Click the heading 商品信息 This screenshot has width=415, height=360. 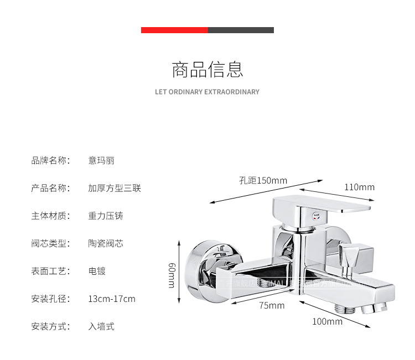point(207,70)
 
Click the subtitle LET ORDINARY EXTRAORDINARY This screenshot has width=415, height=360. point(207,92)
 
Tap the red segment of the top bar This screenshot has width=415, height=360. point(174,30)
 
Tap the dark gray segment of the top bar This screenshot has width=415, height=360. point(241,30)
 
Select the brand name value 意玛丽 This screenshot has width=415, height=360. point(101,161)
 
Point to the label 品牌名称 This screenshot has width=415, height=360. point(50,161)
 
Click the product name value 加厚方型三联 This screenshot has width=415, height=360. point(115,189)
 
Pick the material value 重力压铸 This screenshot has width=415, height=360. point(106,216)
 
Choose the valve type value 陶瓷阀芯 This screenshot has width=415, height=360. point(106,243)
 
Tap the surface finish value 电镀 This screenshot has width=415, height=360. point(97,271)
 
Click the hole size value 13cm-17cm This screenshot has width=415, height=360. point(112,299)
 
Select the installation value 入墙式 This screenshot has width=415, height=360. point(101,326)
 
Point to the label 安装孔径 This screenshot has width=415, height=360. point(50,299)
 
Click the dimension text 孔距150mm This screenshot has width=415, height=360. point(263,180)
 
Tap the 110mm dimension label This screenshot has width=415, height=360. point(359,187)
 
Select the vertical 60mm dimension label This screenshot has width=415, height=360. point(172,275)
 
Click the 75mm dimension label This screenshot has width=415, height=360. point(272,305)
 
